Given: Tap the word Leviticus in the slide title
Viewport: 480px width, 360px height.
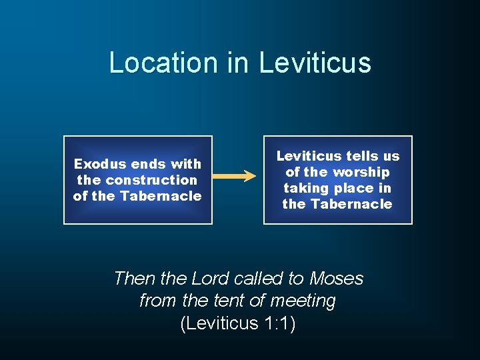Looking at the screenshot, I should (x=315, y=63).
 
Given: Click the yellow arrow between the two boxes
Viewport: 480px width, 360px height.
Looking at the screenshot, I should (x=233, y=177).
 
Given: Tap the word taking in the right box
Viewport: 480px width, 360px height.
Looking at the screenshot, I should (x=304, y=188).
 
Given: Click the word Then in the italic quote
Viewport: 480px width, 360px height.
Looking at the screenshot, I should (x=135, y=278).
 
